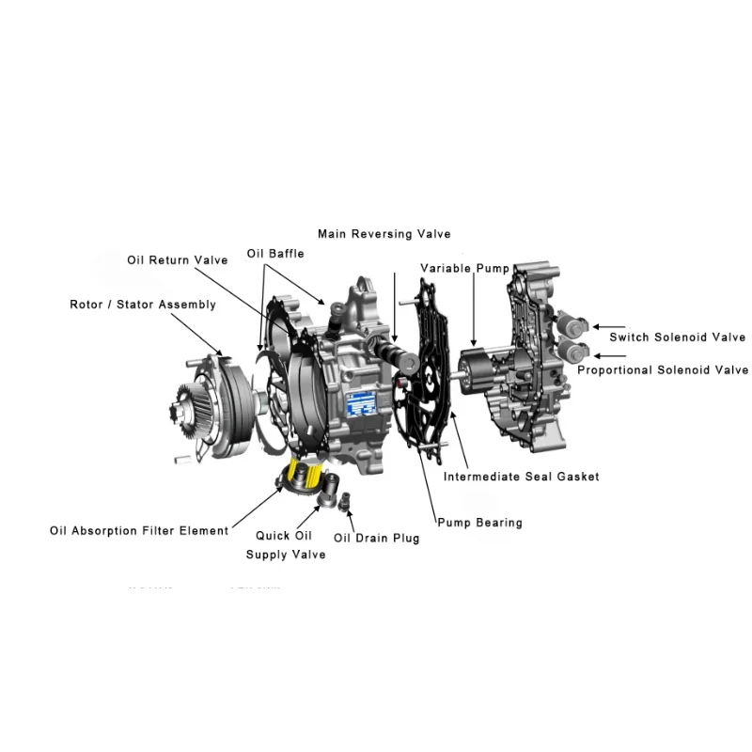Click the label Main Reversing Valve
(384, 234)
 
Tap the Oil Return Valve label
(177, 259)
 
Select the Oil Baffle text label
(275, 254)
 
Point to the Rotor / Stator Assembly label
(143, 305)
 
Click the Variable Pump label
(464, 268)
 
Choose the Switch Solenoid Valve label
(677, 337)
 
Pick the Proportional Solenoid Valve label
(663, 370)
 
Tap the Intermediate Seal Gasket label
(521, 477)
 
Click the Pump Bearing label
(479, 523)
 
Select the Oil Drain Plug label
(377, 539)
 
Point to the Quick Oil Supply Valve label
(286, 545)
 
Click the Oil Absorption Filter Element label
(139, 531)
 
